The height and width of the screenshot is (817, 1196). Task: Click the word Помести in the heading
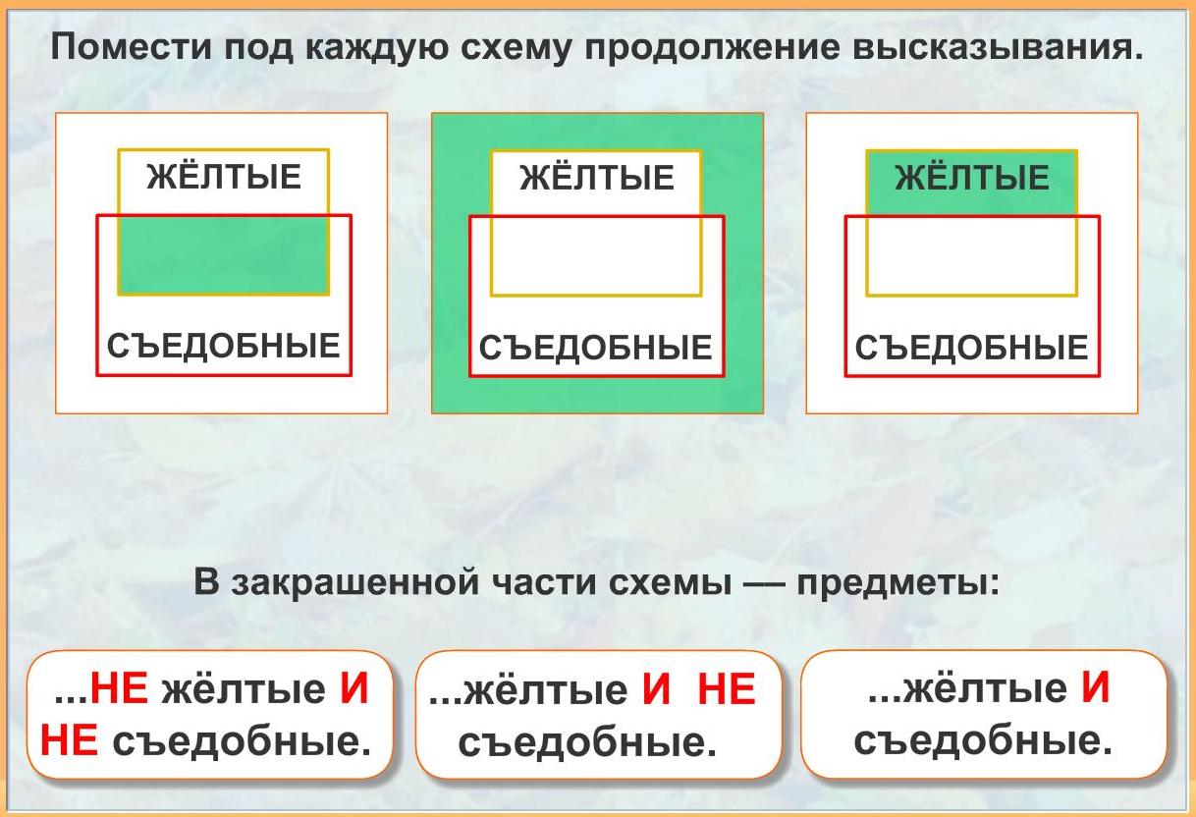[132, 47]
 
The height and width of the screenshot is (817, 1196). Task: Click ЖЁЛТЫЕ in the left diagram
[224, 177]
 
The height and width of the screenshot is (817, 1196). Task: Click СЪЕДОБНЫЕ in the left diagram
[224, 345]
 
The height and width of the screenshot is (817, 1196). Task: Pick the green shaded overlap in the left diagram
[223, 254]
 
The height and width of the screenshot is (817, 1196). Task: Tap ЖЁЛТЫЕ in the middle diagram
[597, 178]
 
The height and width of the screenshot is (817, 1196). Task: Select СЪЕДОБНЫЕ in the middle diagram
[596, 347]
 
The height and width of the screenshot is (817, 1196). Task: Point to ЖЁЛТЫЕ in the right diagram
[972, 177]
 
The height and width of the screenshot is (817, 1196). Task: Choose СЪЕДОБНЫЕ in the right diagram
[972, 347]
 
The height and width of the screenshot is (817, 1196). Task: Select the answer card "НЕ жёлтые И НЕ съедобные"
[210, 715]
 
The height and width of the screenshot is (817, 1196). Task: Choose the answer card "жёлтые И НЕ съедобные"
[599, 715]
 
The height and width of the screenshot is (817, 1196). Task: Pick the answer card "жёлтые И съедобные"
[984, 715]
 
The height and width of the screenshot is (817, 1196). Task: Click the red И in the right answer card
[1096, 687]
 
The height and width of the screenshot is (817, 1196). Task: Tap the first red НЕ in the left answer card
[119, 688]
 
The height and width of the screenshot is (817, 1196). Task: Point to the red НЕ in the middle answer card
[727, 688]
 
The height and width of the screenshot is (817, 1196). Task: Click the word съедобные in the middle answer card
[587, 741]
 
